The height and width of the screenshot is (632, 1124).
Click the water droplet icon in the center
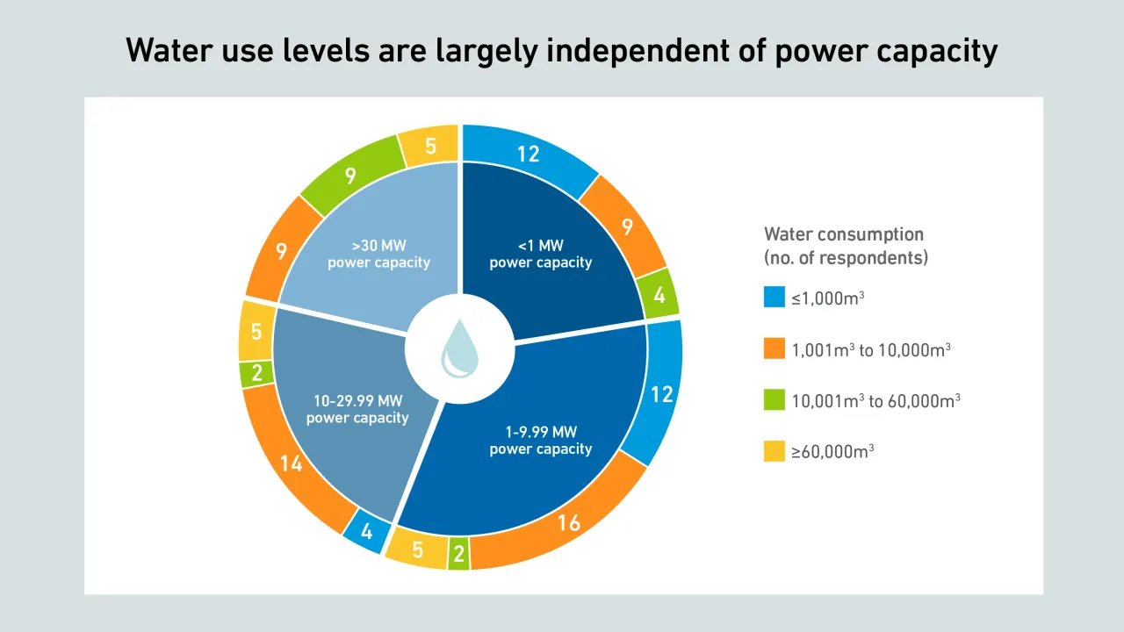(x=459, y=348)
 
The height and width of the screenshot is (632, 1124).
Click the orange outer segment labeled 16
(x=569, y=523)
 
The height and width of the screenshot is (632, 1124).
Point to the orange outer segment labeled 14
(x=292, y=463)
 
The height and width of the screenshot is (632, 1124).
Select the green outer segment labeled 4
(x=659, y=296)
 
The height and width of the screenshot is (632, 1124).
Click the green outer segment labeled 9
(x=350, y=176)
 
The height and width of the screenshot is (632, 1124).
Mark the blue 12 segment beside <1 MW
(x=528, y=154)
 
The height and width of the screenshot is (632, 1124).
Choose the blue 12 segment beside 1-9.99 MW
(x=661, y=393)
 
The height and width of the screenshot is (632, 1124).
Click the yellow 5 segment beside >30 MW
(x=430, y=145)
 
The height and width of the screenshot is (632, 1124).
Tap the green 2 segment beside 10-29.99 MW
(x=256, y=373)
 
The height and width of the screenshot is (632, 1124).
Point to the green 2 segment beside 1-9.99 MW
(x=458, y=553)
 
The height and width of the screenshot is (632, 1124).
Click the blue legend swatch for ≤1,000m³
(x=774, y=298)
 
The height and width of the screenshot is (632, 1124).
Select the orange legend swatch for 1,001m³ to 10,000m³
(x=774, y=348)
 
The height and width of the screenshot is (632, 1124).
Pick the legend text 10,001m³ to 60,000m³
(x=875, y=400)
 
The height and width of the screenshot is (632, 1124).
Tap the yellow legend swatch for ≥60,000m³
(x=774, y=451)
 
